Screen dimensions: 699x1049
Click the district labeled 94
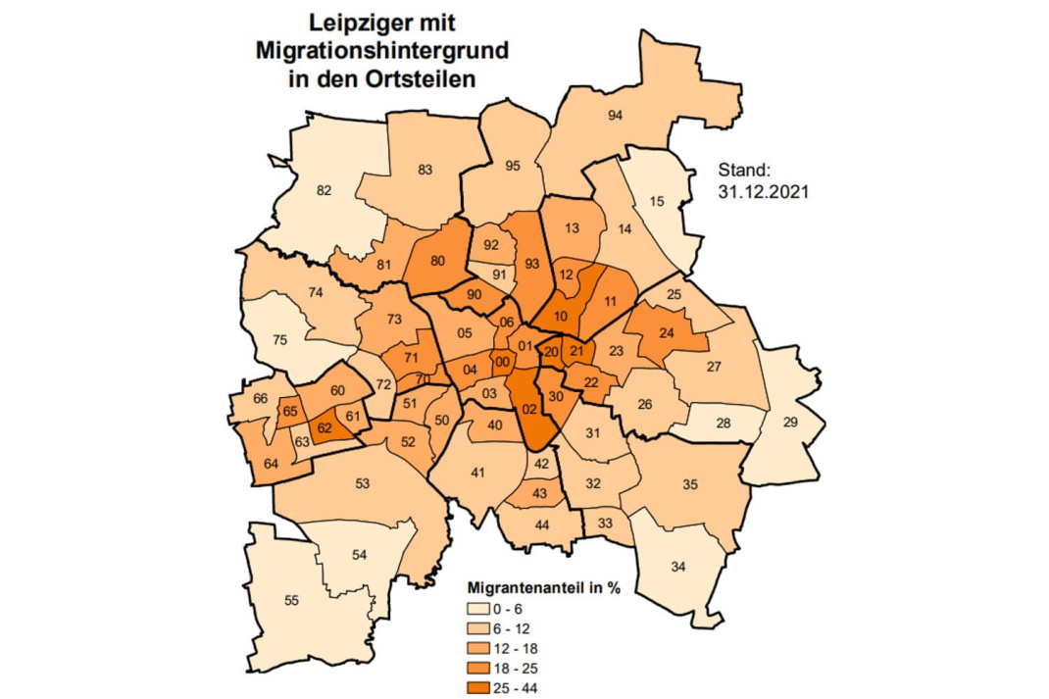click(616, 116)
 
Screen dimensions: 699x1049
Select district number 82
click(325, 190)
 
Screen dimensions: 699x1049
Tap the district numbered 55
click(291, 599)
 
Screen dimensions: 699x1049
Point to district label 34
click(677, 567)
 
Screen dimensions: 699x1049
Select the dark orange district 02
click(529, 409)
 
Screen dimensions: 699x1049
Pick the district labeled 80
click(437, 261)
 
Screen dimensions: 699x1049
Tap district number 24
click(667, 333)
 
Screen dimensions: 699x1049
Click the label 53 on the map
click(362, 483)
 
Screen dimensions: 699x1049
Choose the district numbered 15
click(658, 201)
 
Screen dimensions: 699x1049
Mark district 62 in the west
click(325, 427)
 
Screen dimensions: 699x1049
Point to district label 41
click(478, 474)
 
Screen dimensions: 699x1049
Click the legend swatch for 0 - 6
click(476, 611)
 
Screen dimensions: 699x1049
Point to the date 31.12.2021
click(763, 194)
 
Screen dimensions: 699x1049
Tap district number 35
click(689, 484)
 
